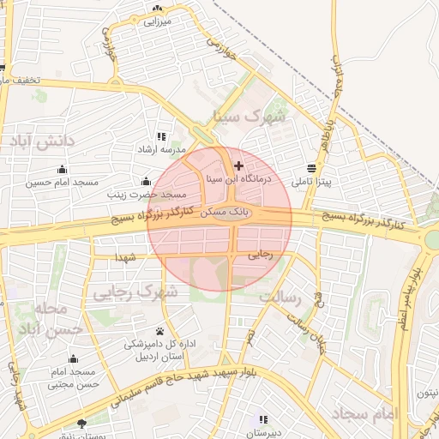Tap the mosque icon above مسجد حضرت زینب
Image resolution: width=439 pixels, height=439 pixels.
(146, 182)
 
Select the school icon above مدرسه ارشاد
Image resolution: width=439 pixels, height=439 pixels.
(161, 137)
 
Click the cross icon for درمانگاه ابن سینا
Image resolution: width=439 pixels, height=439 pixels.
(238, 165)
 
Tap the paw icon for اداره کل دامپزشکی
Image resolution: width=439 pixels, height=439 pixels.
(161, 331)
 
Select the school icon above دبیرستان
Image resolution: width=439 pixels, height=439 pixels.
(263, 420)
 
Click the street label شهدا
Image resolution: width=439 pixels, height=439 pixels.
(126, 256)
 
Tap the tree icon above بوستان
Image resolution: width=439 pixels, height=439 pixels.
(81, 423)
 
